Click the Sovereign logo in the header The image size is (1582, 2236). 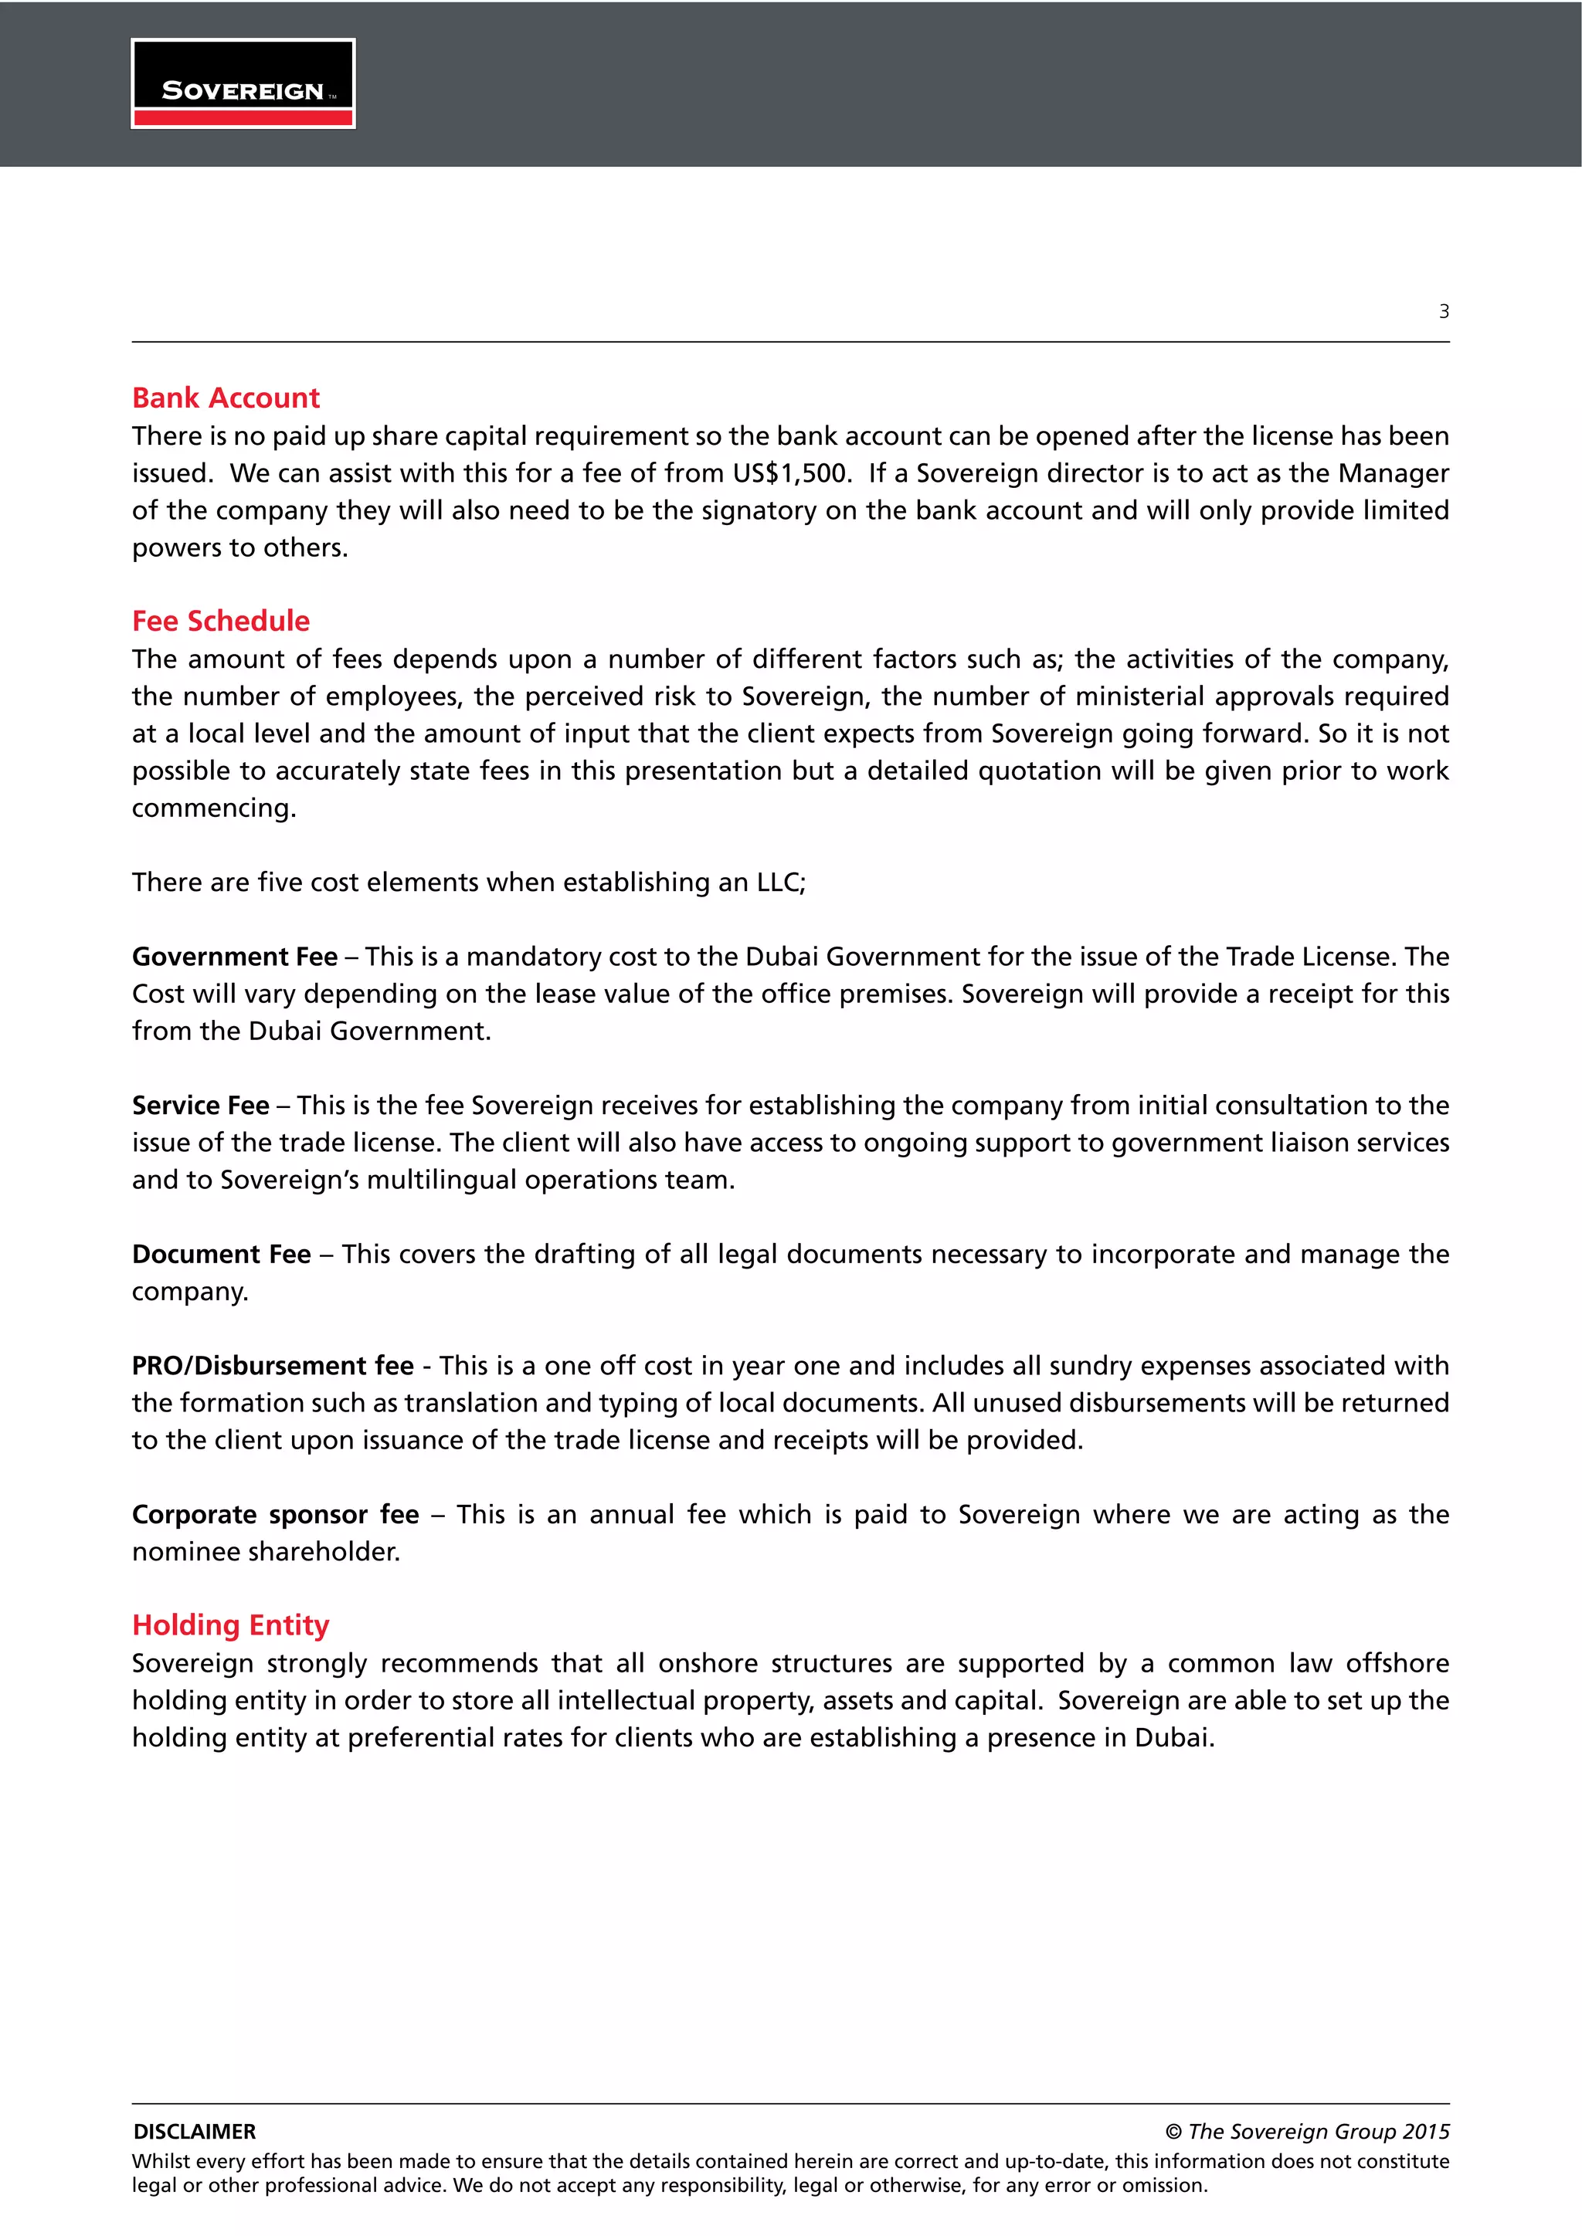tap(243, 83)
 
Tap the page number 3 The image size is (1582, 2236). tap(1444, 312)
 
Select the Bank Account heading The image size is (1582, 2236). tap(226, 398)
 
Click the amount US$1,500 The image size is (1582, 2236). tap(791, 473)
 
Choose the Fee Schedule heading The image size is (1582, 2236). tap(221, 622)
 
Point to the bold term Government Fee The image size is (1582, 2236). tap(235, 957)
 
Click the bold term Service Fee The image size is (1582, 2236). tap(201, 1106)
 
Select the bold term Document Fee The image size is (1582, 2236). tap(221, 1255)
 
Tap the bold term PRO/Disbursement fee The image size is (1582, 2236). tap(273, 1365)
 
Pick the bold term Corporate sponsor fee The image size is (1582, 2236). tap(276, 1514)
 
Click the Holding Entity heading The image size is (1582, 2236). tap(231, 1625)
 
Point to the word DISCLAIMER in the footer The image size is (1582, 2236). tap(195, 2132)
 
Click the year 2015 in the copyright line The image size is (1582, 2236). tap(1425, 2132)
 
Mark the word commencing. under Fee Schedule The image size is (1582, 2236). tap(214, 808)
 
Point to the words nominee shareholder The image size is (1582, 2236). tap(266, 1551)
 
